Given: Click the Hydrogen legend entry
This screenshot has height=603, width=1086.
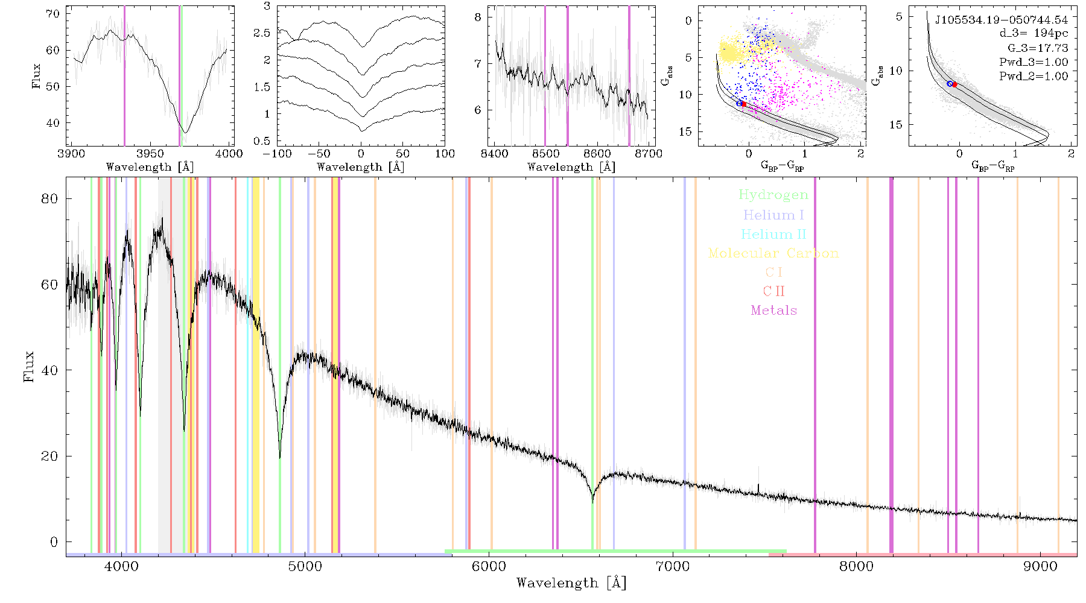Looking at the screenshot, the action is [773, 195].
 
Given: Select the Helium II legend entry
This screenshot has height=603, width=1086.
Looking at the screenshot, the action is [773, 234].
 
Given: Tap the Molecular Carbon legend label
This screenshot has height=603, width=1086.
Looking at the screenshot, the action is [773, 253].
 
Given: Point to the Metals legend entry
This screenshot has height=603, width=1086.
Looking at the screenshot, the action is [774, 311].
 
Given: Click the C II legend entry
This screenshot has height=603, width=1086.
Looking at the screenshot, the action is [774, 291].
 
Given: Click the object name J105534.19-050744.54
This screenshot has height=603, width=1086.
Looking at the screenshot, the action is [1002, 20].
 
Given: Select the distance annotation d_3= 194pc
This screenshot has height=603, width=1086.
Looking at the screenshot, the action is [1034, 34].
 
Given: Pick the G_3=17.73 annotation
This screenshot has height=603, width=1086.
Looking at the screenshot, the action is [1038, 48].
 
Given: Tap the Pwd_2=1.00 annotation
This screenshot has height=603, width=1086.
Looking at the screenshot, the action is [1034, 77].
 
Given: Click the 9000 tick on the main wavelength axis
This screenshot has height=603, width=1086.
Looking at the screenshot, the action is [1040, 566].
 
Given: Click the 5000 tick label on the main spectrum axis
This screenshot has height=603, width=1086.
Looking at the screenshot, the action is [305, 566].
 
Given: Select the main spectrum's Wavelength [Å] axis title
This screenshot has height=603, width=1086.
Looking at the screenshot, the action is [571, 583].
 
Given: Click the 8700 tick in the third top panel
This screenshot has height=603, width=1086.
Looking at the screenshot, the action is [649, 154].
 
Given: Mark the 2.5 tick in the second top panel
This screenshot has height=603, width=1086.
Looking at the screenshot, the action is [262, 33].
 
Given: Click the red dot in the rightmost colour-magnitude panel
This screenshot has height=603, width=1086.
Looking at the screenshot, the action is [954, 84].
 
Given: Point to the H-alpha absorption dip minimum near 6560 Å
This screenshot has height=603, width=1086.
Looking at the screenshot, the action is [592, 502].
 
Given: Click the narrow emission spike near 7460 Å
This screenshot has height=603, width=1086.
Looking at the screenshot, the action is [758, 488].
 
